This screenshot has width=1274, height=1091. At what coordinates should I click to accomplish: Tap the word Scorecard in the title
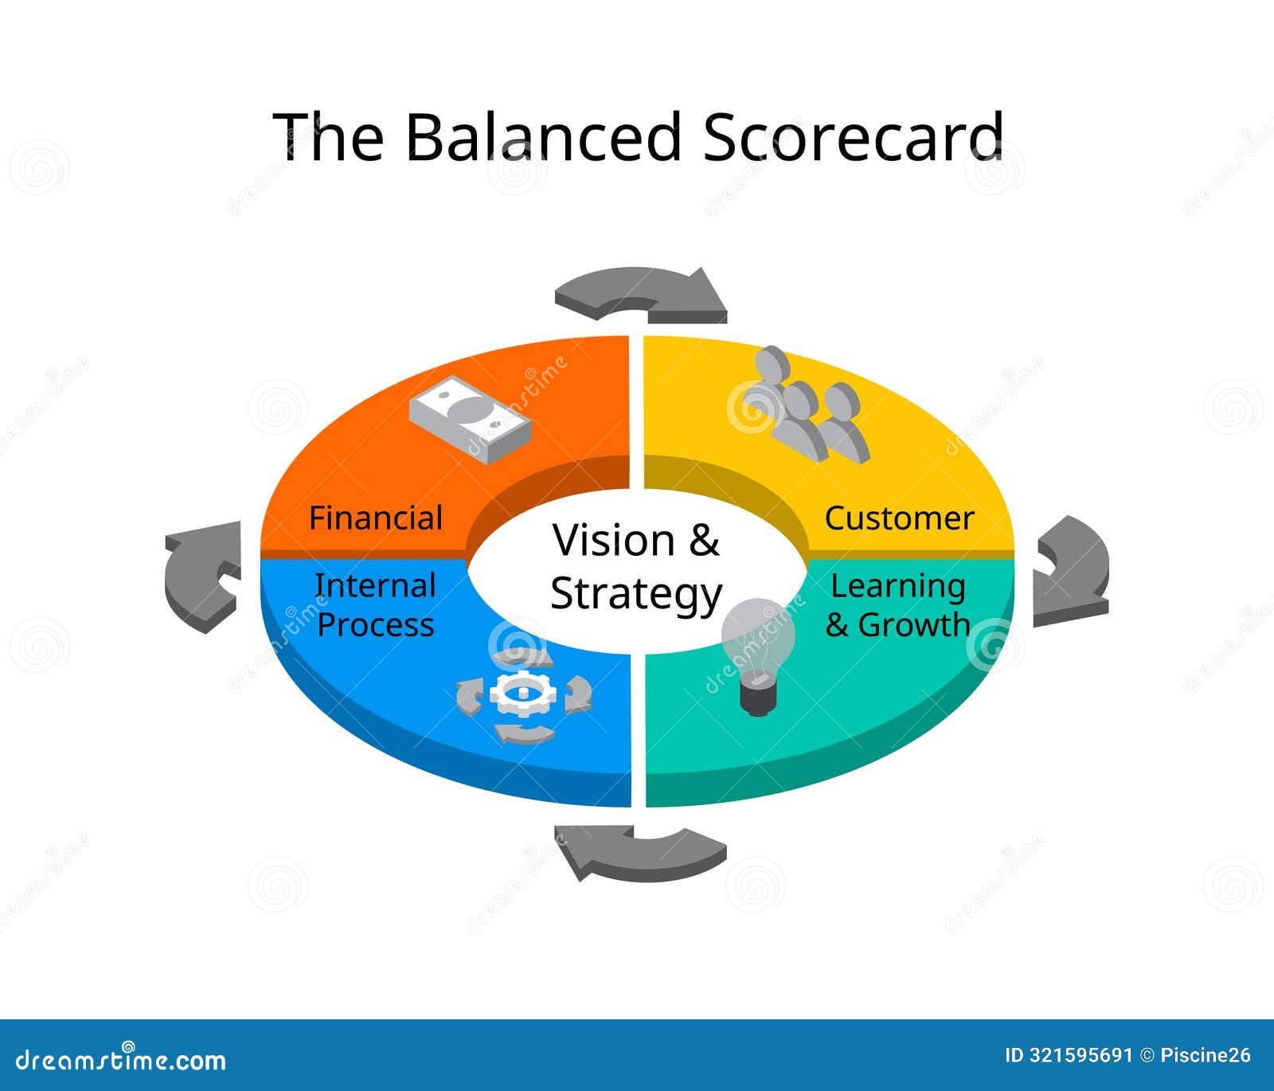click(x=852, y=136)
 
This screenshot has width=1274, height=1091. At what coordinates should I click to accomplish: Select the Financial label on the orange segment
click(x=375, y=518)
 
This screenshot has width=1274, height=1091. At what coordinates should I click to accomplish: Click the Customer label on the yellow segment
click(x=899, y=518)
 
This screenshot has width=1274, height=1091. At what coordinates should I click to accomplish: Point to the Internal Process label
click(x=375, y=605)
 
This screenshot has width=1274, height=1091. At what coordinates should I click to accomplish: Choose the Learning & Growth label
click(x=897, y=605)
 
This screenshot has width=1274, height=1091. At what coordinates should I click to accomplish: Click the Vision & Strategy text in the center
click(x=636, y=567)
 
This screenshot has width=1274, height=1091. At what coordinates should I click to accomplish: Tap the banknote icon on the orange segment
click(x=470, y=418)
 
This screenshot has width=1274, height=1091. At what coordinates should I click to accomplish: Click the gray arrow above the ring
click(x=642, y=295)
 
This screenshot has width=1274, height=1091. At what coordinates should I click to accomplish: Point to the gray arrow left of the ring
click(x=201, y=575)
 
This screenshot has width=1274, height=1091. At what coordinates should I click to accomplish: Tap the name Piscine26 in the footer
click(x=1206, y=1056)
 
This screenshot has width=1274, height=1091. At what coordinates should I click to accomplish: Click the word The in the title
click(x=327, y=136)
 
